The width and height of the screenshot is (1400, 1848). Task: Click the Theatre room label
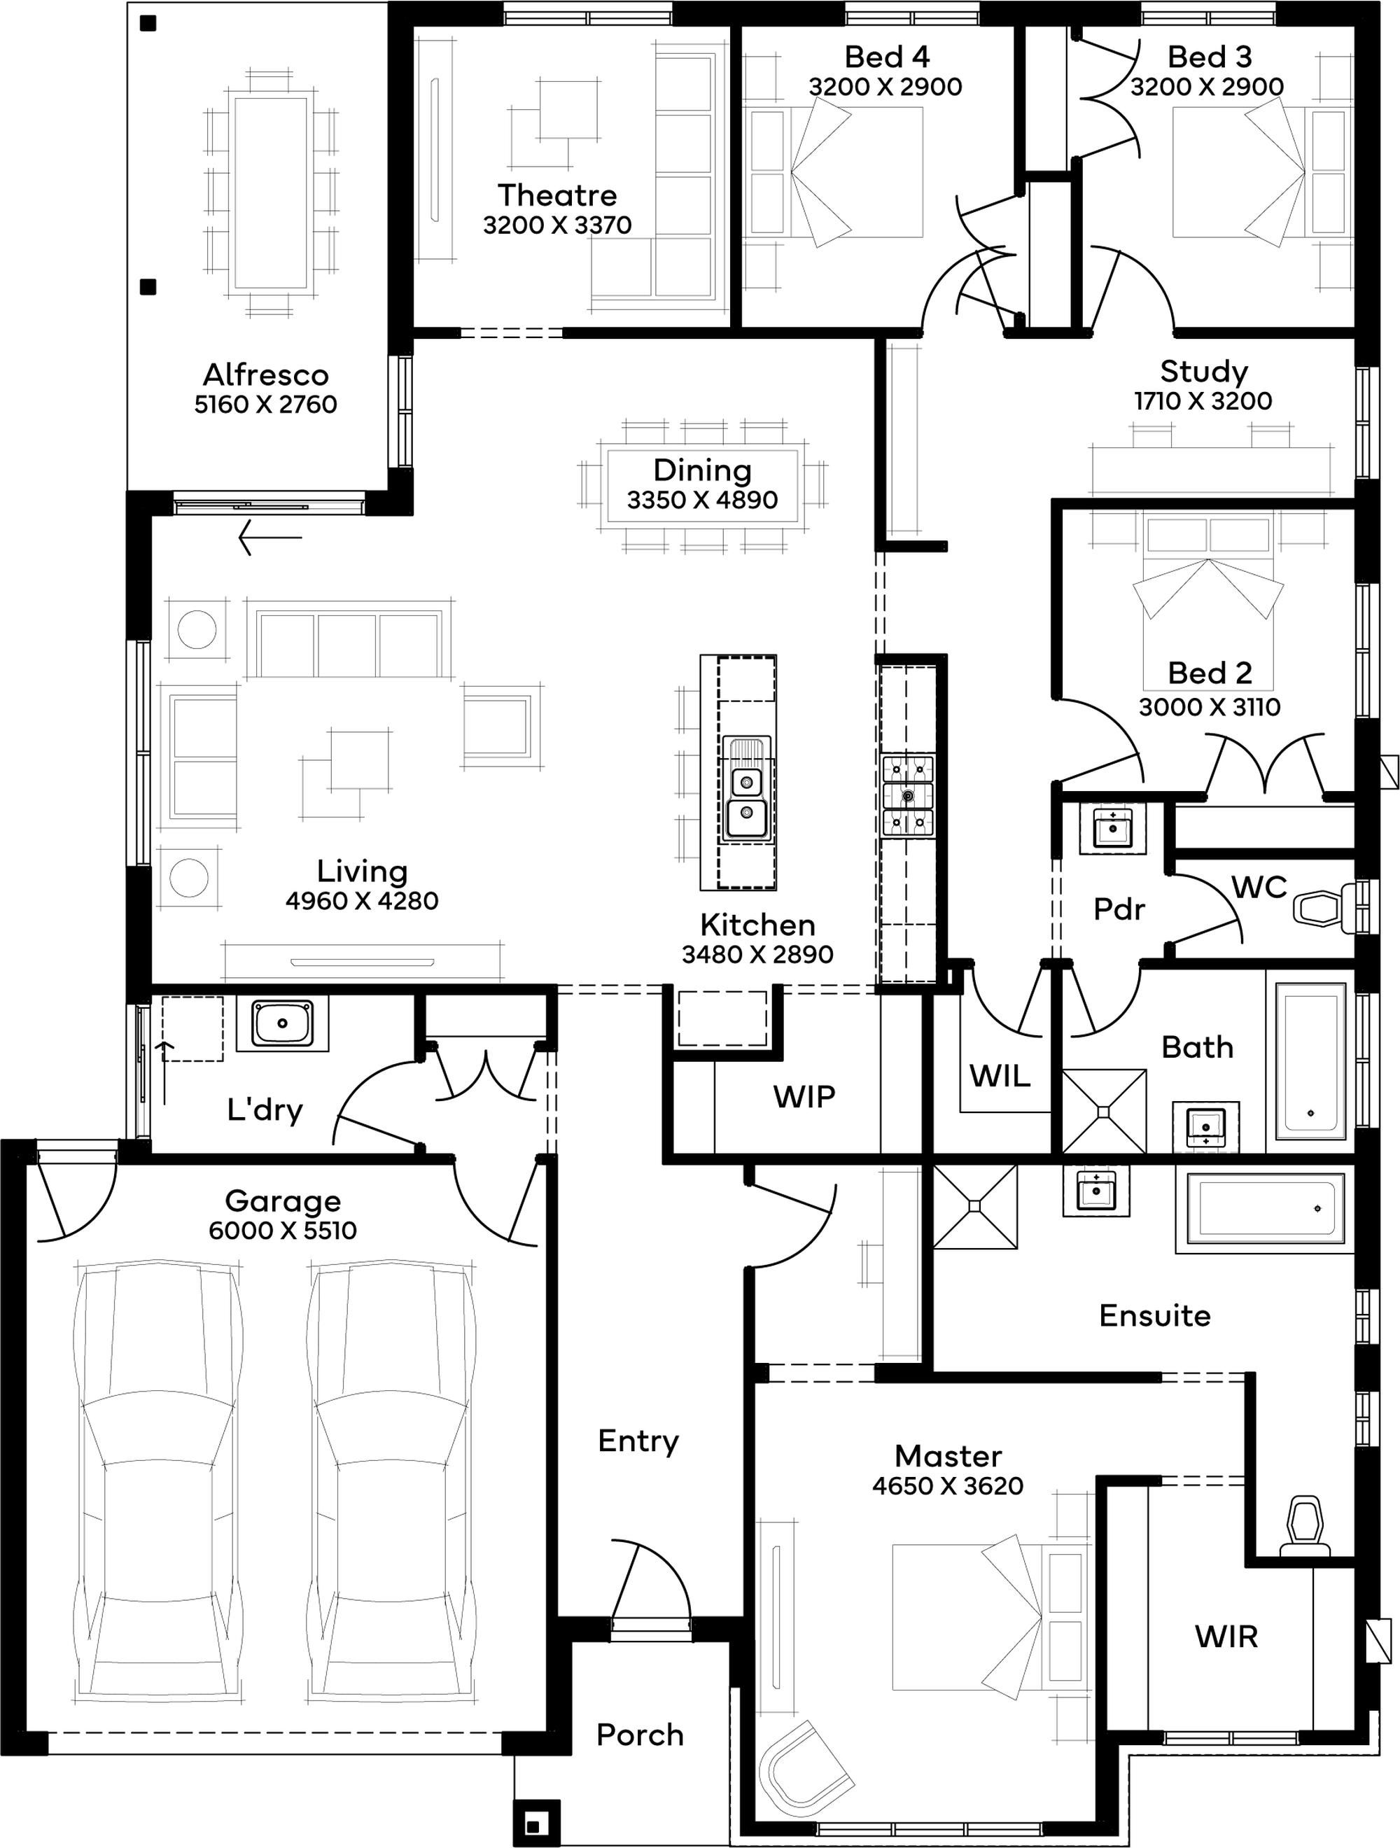click(x=557, y=195)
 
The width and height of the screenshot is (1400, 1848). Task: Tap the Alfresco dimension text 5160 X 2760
click(x=265, y=405)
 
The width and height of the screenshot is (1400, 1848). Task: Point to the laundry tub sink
click(x=282, y=1023)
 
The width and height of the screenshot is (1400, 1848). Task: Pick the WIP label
click(x=804, y=1097)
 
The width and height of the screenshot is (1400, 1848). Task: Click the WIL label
click(x=1000, y=1076)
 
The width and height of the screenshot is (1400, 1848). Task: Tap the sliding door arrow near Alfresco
click(x=269, y=537)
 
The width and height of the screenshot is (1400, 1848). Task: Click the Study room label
click(x=1204, y=371)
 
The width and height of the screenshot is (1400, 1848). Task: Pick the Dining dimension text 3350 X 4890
click(x=703, y=500)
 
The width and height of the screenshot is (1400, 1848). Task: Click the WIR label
click(x=1226, y=1636)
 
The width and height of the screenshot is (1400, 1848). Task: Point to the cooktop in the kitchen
click(x=908, y=794)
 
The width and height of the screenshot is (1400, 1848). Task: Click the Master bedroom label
click(x=948, y=1456)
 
